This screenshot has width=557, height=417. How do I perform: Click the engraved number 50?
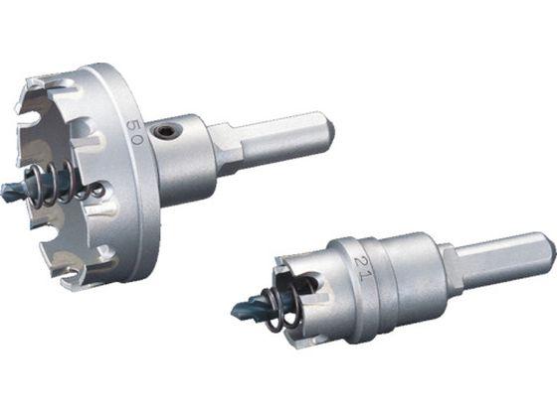134,131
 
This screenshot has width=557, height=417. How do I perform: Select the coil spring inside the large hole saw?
64,184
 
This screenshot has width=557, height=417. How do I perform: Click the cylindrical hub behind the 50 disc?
185,160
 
